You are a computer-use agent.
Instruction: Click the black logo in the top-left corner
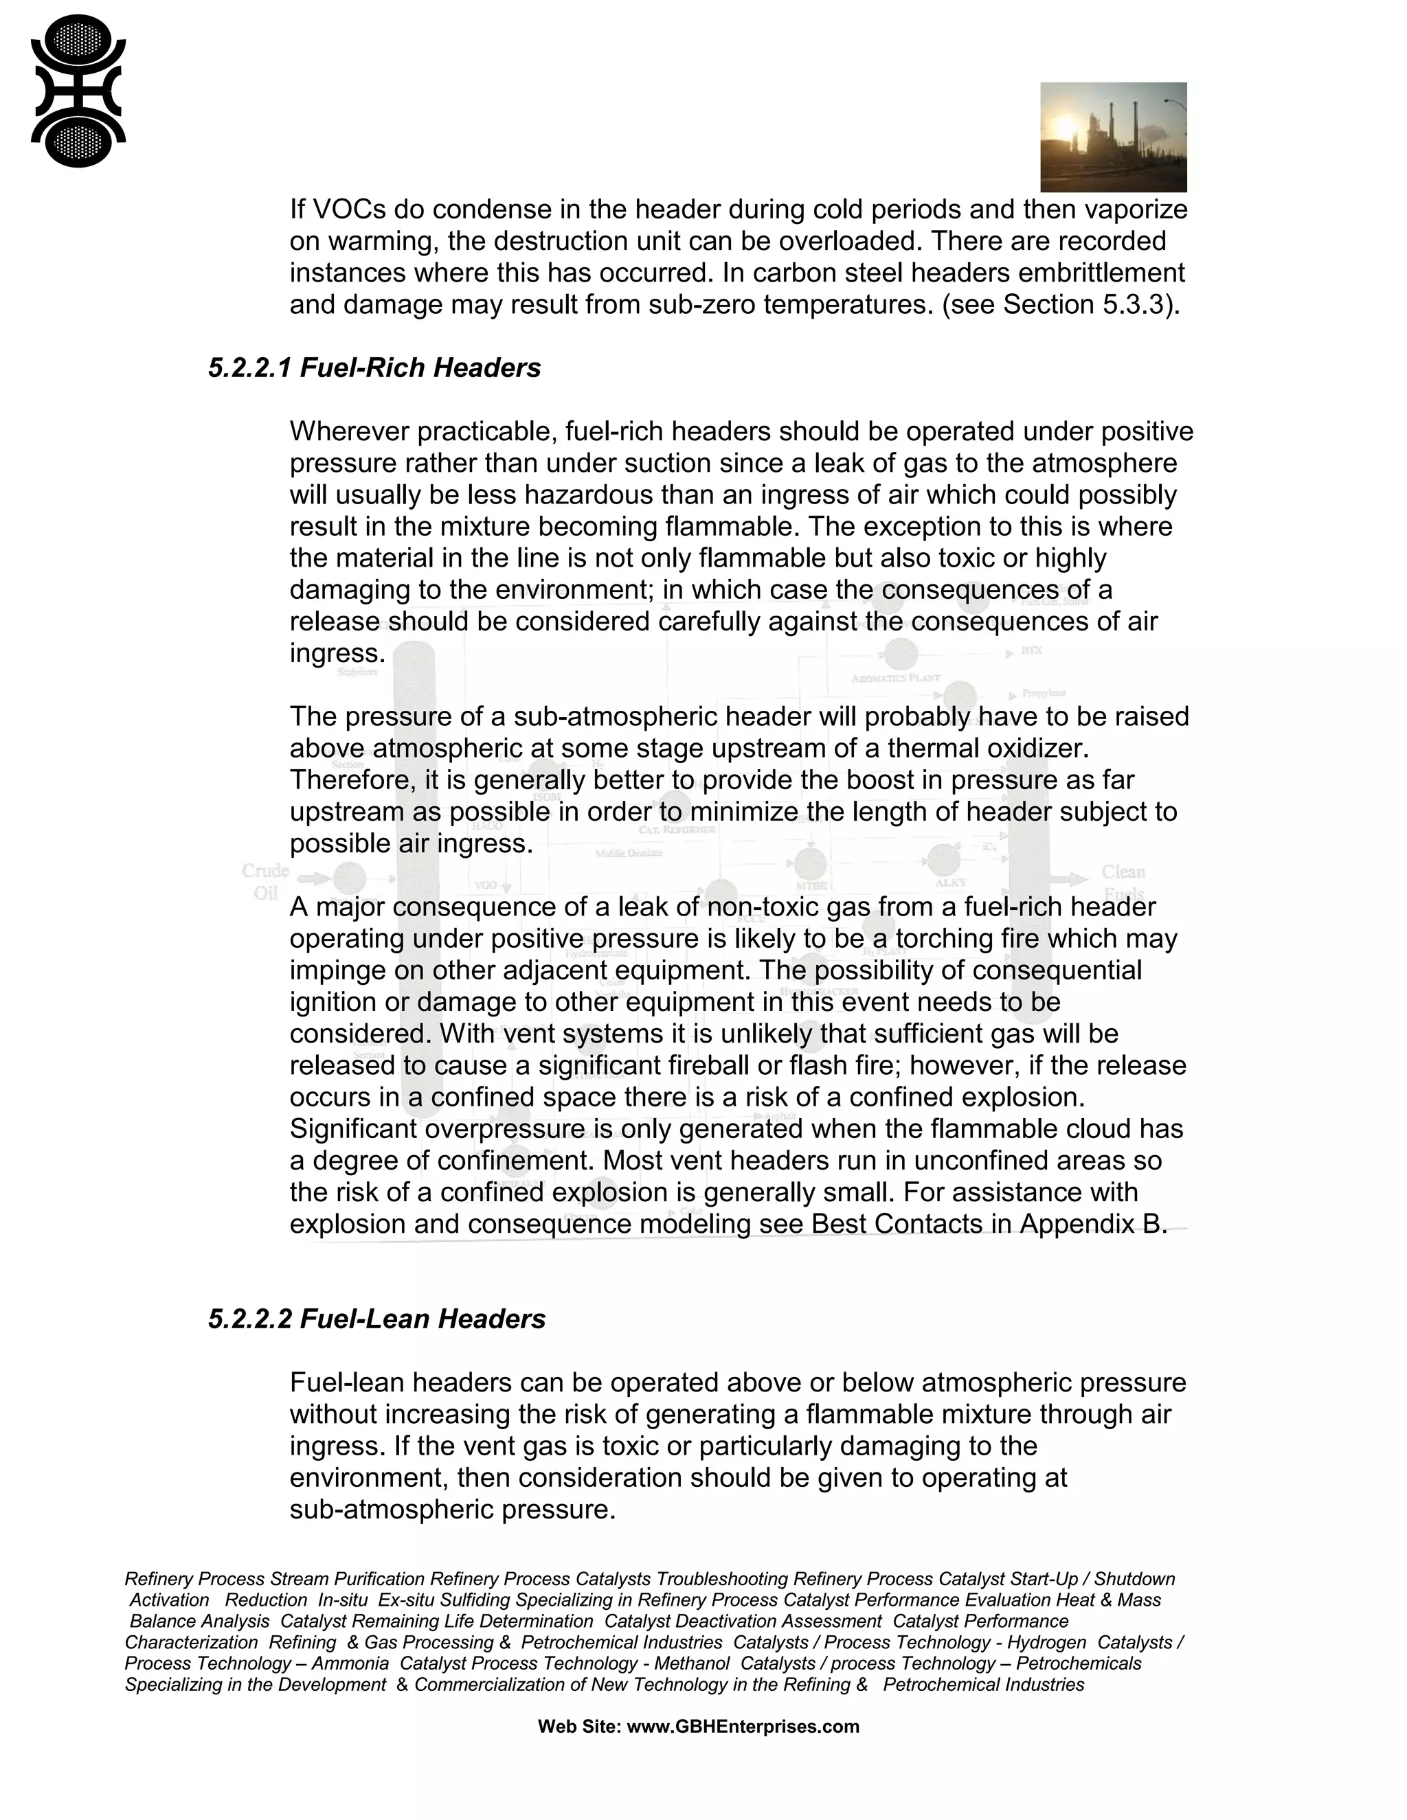(x=78, y=91)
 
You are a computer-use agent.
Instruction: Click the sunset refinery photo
(x=1113, y=137)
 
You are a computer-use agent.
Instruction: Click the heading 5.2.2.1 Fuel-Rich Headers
(x=374, y=367)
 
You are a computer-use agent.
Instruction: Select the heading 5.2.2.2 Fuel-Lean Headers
(x=376, y=1319)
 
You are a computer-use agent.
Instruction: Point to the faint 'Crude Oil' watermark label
(x=265, y=881)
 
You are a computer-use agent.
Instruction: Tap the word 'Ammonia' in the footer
(x=350, y=1663)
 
